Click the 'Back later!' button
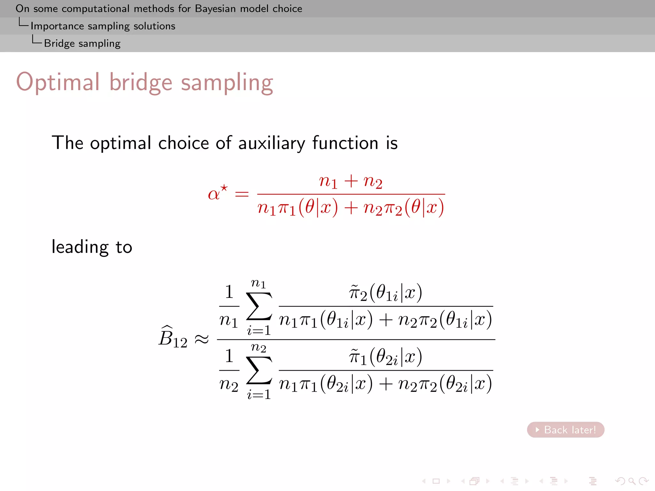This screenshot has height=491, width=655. [x=565, y=430]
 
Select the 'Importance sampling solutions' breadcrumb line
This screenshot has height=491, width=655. [x=103, y=26]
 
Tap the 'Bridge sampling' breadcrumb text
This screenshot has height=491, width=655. [x=82, y=43]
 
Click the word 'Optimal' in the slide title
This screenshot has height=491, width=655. [x=58, y=82]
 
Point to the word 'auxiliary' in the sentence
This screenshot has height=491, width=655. [x=272, y=143]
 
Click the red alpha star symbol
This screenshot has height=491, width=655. [x=217, y=193]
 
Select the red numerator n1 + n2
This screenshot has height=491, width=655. [x=351, y=182]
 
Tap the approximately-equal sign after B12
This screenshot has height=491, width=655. [x=202, y=339]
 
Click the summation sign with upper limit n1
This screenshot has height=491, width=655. [x=259, y=306]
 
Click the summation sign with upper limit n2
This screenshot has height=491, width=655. [x=259, y=370]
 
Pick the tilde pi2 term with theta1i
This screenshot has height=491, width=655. [x=385, y=292]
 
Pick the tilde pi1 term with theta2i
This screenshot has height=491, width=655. [x=385, y=357]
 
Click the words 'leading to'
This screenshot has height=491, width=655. [x=92, y=247]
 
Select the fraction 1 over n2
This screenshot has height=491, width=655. [x=229, y=370]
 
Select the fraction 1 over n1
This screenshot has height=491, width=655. [x=229, y=306]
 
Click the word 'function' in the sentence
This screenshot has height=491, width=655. [x=345, y=143]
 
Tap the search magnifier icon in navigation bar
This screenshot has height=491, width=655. [x=631, y=481]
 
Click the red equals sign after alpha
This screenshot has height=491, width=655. [x=242, y=194]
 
